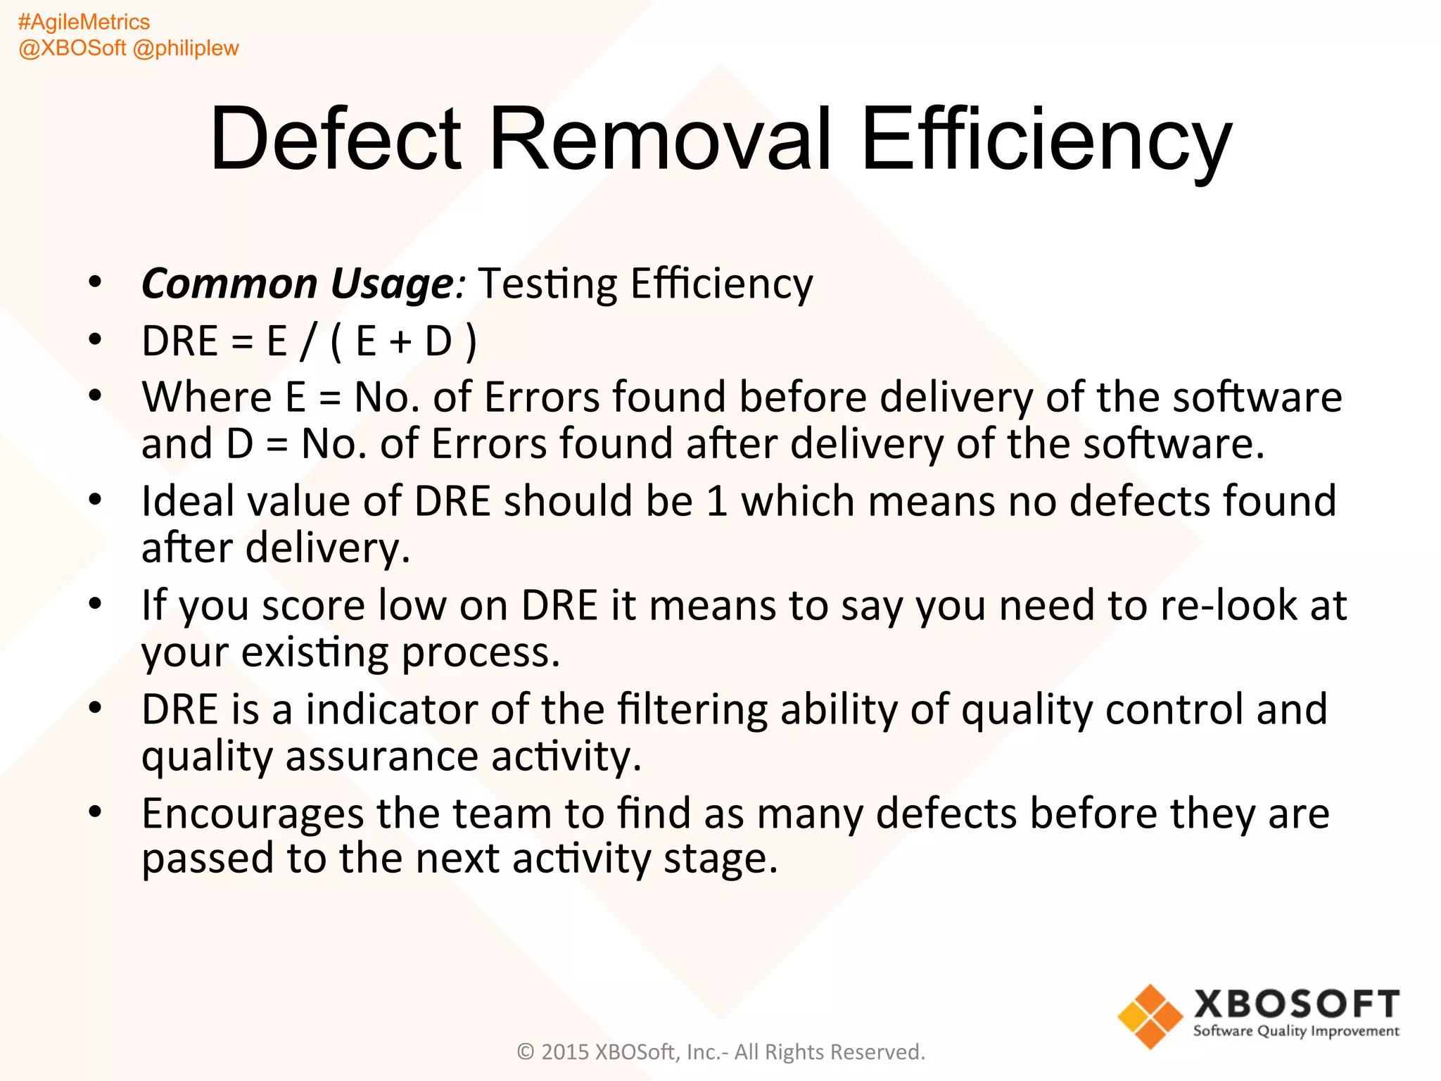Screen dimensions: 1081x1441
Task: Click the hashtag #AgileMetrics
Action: pos(84,23)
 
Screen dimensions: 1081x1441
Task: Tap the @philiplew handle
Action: pos(186,49)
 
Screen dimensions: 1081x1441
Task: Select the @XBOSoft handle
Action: pos(72,49)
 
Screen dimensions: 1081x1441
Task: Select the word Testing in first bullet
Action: pos(547,285)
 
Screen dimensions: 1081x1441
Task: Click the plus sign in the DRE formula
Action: pos(400,342)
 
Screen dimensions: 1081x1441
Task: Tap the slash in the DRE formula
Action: pos(307,342)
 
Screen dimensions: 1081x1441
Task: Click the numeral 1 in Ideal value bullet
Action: pos(717,502)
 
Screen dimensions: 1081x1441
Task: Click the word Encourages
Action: pos(253,814)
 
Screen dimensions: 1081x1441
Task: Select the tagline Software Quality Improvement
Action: pos(1296,1031)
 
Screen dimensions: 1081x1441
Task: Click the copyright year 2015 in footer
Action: pos(565,1052)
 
